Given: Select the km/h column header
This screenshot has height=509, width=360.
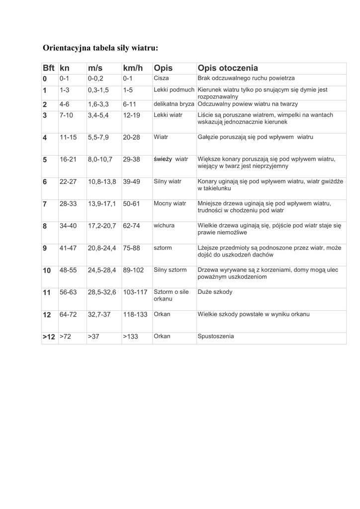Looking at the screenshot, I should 133,68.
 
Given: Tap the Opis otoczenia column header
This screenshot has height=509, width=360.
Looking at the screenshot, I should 228,68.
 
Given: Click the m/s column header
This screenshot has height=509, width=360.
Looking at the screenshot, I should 95,68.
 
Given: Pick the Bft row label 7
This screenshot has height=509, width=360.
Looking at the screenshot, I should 45,204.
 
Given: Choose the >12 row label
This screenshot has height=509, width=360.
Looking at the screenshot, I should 49,337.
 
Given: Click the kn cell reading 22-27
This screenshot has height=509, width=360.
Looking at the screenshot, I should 68,182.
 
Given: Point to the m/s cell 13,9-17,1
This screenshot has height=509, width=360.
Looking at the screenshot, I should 102,204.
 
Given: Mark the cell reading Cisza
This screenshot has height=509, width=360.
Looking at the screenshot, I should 162,79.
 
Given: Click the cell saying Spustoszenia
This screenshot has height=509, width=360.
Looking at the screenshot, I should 216,336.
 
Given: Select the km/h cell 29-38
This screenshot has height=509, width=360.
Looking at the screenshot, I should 132,160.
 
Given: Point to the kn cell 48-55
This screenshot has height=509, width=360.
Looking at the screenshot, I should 68,270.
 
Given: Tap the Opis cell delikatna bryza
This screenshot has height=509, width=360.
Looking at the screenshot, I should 174,104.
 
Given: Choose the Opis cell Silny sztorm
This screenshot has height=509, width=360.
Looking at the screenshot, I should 171,270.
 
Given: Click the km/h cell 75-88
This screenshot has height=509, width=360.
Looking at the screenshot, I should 132,248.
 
